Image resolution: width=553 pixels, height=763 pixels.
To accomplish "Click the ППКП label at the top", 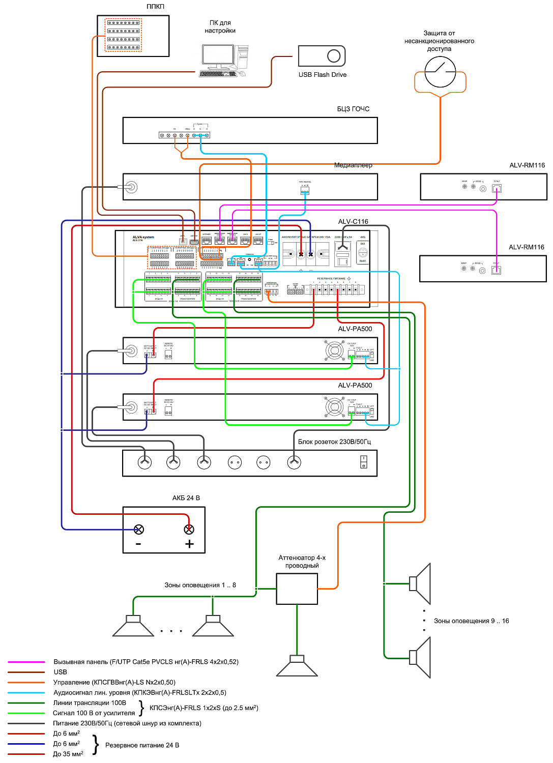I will [x=155, y=7].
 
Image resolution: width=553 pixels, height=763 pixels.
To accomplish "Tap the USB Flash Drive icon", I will [x=322, y=56].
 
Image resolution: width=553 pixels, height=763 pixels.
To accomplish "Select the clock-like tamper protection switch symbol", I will [x=440, y=72].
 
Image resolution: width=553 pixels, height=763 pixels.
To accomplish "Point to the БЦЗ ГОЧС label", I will [x=353, y=109].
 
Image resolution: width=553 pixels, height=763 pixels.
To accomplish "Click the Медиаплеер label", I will [x=353, y=165].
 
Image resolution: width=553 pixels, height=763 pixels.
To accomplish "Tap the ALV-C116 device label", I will [x=353, y=222].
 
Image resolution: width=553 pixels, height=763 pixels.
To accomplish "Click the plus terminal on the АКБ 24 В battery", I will [x=189, y=530].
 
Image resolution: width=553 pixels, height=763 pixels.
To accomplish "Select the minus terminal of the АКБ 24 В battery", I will [x=138, y=530].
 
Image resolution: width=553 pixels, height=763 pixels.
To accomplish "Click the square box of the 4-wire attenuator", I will [x=297, y=589].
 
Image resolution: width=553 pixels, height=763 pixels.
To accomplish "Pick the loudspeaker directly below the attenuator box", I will [x=297, y=666].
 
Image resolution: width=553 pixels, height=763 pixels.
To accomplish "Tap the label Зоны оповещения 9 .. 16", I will [x=471, y=621].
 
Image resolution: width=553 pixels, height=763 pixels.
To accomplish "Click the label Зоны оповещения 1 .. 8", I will [x=200, y=585].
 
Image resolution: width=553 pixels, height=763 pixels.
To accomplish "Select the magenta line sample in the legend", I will [x=26, y=662].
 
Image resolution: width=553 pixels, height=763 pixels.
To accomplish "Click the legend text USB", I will [x=61, y=672].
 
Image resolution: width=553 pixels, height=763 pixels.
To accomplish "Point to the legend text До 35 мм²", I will [x=68, y=754].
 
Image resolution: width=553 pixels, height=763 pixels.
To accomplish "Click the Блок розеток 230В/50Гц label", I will [x=334, y=442].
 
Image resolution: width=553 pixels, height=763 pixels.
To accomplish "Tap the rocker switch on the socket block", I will [x=363, y=462].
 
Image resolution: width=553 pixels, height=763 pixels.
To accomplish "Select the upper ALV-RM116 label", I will [x=527, y=165].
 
